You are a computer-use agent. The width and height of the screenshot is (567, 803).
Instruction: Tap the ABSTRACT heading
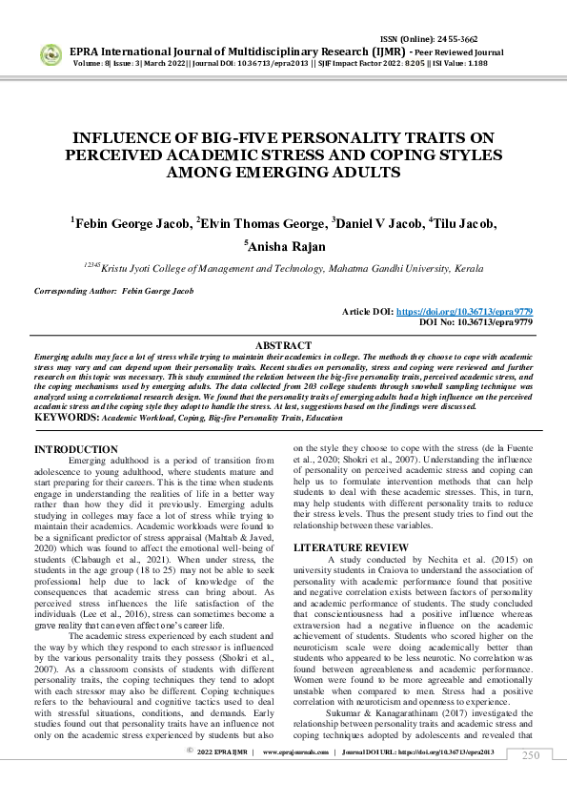point(283,345)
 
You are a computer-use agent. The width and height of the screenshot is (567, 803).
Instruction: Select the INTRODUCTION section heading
point(76,449)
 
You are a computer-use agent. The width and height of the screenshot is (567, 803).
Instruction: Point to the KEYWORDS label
point(67,418)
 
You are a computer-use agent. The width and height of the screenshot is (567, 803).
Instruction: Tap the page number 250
point(530,782)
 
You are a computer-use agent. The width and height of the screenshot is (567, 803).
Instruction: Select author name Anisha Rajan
point(287,246)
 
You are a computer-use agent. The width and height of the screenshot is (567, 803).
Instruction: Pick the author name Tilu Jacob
point(466,223)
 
